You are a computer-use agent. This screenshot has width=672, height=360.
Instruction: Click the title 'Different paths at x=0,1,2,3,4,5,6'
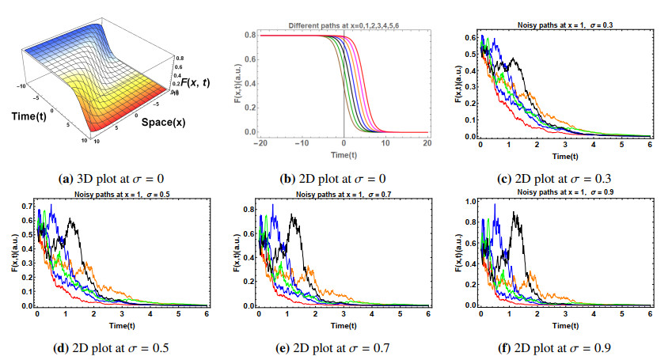coord(342,26)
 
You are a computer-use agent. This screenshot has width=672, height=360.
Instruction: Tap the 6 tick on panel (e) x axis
coord(427,313)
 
